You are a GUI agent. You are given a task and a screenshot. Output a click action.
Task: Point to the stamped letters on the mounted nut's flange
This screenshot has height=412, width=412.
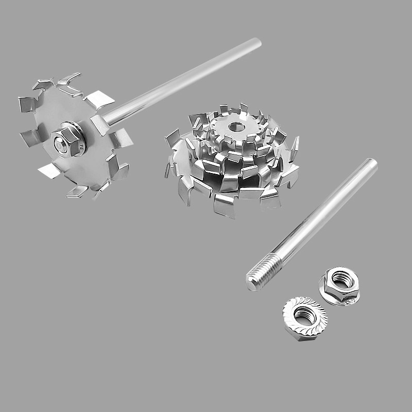(x=81, y=149)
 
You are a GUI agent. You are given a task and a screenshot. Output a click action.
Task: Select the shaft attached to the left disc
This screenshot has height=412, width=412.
(x=180, y=82)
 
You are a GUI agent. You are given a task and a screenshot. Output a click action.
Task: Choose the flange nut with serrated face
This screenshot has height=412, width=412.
(x=303, y=314)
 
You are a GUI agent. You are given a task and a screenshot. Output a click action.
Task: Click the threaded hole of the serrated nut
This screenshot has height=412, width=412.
(x=303, y=313)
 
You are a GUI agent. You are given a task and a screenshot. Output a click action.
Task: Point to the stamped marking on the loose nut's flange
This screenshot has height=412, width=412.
(x=350, y=302)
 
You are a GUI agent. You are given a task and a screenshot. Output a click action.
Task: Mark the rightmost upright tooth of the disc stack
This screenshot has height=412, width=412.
(x=294, y=147)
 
